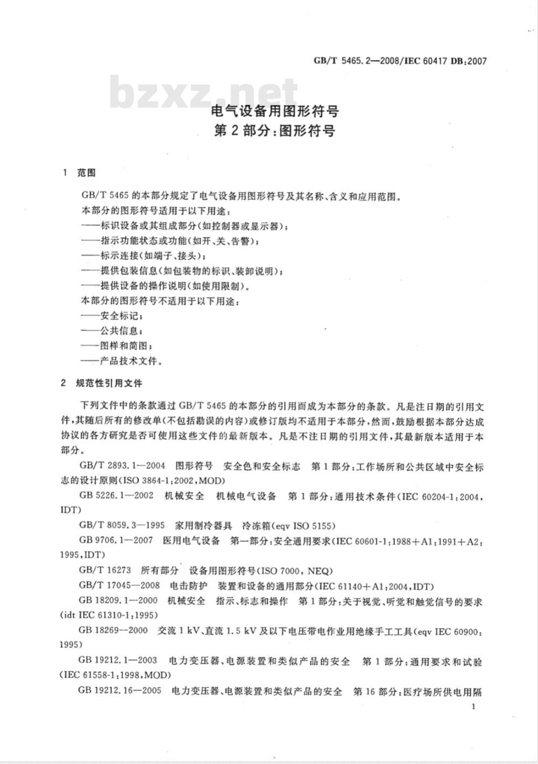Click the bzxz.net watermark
click(x=204, y=93)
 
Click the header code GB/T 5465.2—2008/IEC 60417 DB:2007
click(x=400, y=61)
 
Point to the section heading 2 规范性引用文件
click(x=102, y=384)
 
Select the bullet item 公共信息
click(x=121, y=330)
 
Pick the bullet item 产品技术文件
click(x=129, y=360)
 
